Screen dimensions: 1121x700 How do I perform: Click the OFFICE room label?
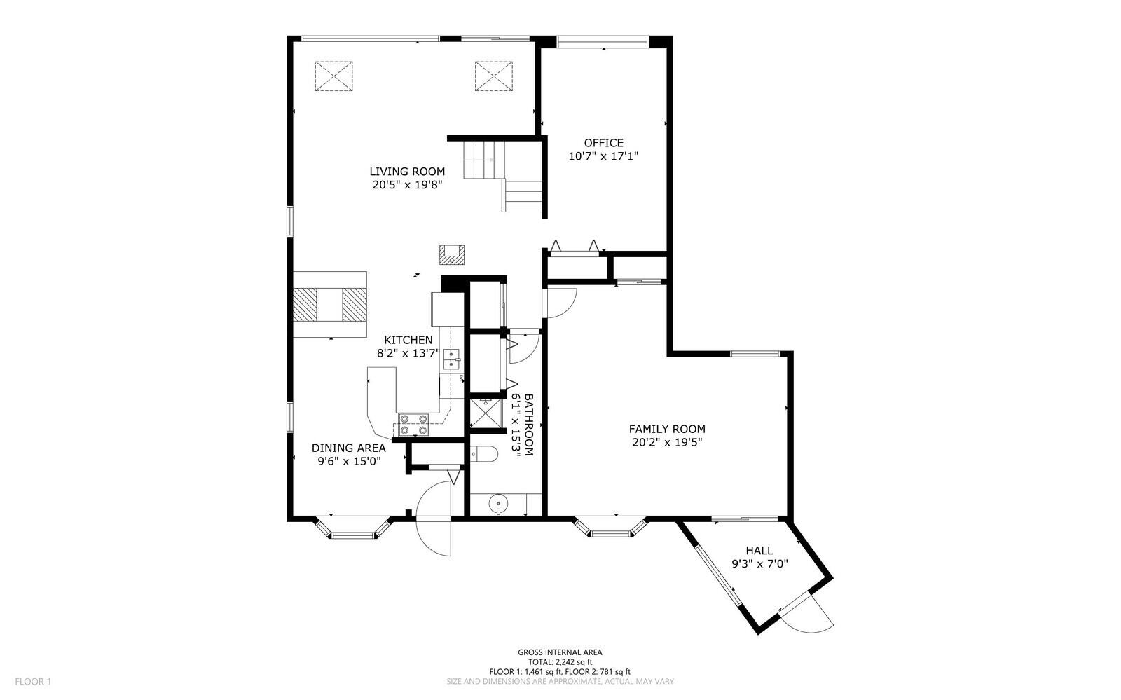point(603,143)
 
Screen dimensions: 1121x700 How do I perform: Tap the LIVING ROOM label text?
point(407,172)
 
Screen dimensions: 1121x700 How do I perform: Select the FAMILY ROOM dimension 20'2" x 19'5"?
point(667,442)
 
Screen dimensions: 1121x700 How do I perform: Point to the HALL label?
point(759,551)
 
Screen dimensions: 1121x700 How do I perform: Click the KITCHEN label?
point(408,341)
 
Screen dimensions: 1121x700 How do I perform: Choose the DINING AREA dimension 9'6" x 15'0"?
point(350,461)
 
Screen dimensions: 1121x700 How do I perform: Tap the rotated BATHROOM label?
point(529,425)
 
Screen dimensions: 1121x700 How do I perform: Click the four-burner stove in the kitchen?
point(413,424)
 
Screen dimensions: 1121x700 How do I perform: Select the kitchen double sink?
point(452,359)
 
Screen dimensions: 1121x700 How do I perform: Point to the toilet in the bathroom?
point(484,454)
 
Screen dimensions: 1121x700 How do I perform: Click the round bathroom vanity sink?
point(498,504)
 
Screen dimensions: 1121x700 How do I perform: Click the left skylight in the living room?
point(333,76)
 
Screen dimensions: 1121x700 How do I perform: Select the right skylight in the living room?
point(494,76)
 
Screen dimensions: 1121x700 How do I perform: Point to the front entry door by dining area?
point(434,519)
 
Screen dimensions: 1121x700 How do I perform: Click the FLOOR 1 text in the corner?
point(33,682)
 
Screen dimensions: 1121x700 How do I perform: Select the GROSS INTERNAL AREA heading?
point(560,652)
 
